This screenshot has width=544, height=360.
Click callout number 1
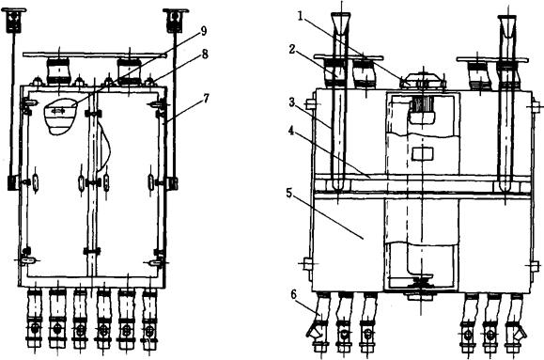coord(302,17)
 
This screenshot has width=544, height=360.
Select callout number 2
coord(292,49)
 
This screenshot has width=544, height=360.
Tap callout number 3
coord(292,102)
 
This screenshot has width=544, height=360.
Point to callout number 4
coord(291,132)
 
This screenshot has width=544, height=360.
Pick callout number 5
coord(290,193)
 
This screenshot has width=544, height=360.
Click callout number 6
coord(293,295)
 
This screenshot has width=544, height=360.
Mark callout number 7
coord(206,99)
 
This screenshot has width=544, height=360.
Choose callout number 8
coord(205,54)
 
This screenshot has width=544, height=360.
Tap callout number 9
coord(204,31)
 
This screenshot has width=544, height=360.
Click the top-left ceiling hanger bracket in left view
coord(14,20)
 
